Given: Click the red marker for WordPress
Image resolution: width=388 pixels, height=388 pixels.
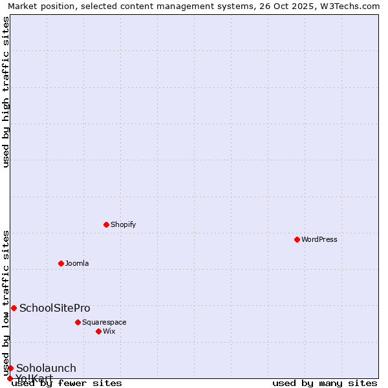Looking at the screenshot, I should click(x=297, y=239).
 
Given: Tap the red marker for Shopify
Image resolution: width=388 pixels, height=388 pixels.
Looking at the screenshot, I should click(x=106, y=224).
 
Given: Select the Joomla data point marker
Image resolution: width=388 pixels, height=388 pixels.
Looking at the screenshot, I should click(x=61, y=263).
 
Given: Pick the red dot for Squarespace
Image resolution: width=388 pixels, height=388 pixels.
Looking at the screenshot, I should click(x=78, y=322).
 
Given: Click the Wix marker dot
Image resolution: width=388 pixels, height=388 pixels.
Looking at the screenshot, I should click(x=98, y=331).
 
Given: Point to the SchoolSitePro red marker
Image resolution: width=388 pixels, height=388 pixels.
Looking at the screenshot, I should click(x=14, y=308).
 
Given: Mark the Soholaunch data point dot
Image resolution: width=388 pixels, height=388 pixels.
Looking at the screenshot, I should click(x=10, y=368).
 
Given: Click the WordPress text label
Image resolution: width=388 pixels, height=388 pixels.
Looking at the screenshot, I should click(x=319, y=239).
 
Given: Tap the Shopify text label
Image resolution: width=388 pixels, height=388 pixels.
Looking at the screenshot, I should click(x=123, y=224).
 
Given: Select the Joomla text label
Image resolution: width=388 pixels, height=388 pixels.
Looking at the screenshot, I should click(x=77, y=263).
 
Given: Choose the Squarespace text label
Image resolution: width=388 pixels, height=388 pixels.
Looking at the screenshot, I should click(x=104, y=322).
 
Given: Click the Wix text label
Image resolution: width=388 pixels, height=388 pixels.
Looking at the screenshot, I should click(x=109, y=331).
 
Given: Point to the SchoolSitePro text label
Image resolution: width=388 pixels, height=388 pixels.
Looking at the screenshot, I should click(x=55, y=308).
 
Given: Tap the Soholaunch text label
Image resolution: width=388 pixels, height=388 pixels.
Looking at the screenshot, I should click(x=46, y=368).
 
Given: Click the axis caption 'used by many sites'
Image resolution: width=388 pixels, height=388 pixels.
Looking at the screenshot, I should click(x=325, y=383).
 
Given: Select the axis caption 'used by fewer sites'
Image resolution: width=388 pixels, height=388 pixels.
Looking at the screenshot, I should click(x=67, y=383).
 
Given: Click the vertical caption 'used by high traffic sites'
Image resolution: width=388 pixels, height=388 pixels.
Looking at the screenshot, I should click(x=6, y=92).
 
